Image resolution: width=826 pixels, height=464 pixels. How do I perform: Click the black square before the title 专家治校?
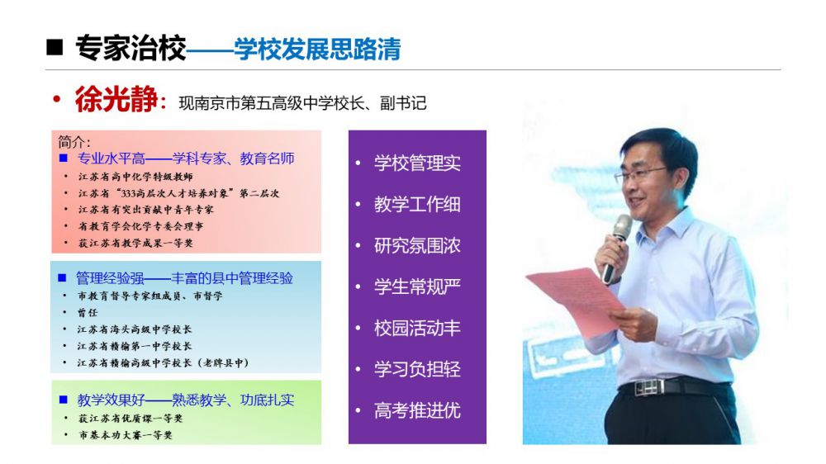click(x=55, y=47)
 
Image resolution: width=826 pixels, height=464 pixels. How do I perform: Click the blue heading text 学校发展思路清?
click(x=317, y=49)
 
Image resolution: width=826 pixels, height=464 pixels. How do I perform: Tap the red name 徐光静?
click(x=116, y=98)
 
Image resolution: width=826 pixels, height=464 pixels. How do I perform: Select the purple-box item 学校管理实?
click(x=417, y=163)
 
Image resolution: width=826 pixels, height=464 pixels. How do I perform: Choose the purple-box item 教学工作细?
click(x=417, y=204)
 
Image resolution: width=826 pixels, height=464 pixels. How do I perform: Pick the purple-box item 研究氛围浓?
click(x=417, y=245)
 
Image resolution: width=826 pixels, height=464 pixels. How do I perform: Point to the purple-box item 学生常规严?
click(x=417, y=286)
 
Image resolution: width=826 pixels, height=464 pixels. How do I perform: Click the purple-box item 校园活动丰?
click(x=417, y=328)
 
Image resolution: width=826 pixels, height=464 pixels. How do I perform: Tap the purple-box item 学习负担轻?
click(x=417, y=369)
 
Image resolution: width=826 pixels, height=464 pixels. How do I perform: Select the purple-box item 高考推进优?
click(x=417, y=410)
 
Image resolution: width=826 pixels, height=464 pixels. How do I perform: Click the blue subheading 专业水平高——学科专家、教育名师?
click(x=185, y=158)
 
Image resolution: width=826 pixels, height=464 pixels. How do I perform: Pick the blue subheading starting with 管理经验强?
click(x=184, y=277)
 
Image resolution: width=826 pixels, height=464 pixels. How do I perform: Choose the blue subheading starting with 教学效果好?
click(x=185, y=400)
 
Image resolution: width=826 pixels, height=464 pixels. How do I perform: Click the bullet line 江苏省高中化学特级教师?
click(x=135, y=177)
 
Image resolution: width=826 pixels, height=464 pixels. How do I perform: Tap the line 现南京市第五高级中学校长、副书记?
click(x=302, y=102)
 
